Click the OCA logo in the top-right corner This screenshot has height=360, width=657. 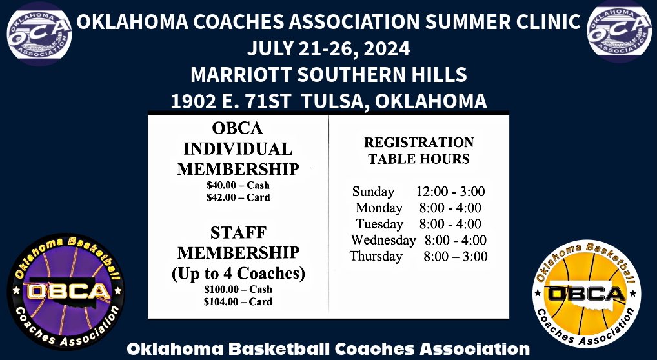tap(618, 32)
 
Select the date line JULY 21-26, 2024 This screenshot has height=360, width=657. tap(328, 48)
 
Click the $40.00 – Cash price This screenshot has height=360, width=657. tap(238, 186)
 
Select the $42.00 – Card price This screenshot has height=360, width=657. tap(238, 197)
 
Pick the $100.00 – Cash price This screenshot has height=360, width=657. tap(238, 290)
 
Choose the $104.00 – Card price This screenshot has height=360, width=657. tap(238, 301)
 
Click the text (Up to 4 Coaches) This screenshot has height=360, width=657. tap(238, 273)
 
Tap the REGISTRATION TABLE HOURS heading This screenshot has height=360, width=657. tap(419, 150)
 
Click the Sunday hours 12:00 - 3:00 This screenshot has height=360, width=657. tap(450, 192)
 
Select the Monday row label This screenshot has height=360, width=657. tap(379, 208)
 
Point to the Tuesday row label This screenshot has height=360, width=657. tap(379, 225)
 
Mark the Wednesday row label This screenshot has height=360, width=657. tap(383, 241)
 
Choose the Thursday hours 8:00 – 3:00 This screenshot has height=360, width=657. tap(455, 257)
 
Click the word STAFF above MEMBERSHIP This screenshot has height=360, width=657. tap(238, 233)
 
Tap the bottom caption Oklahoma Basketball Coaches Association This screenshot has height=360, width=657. tap(328, 349)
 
